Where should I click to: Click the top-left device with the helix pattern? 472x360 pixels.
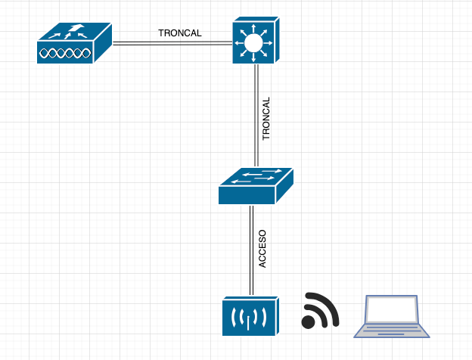[x=74, y=44]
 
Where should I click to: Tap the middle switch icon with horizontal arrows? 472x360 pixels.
[x=255, y=186]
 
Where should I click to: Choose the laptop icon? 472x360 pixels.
[x=392, y=316]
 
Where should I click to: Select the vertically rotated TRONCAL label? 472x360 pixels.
[x=266, y=119]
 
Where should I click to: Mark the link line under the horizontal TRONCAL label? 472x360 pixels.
[x=172, y=44]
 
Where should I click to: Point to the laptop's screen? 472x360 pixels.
[x=392, y=309]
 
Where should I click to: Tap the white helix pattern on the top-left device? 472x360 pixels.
[x=67, y=54]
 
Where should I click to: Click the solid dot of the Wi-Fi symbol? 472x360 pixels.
[x=309, y=322]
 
